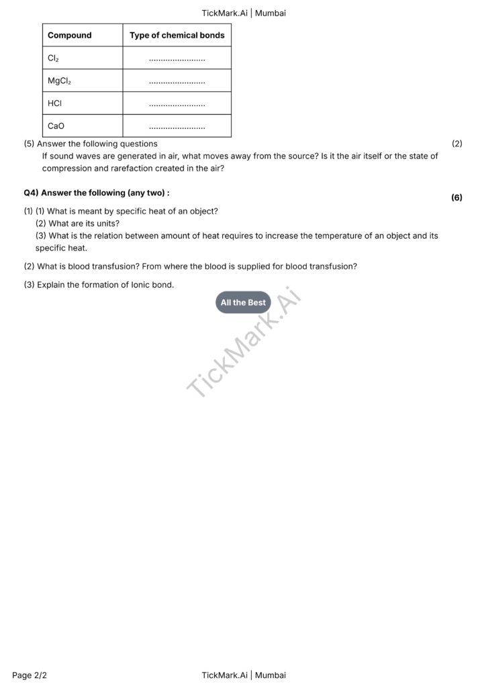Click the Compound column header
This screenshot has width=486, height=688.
(x=70, y=35)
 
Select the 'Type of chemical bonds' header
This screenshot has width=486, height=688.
(x=177, y=35)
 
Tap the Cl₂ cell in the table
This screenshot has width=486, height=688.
(x=54, y=58)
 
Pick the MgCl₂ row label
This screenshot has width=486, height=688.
(x=59, y=81)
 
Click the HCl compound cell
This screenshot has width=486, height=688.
(x=55, y=103)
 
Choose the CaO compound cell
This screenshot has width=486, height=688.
(x=56, y=126)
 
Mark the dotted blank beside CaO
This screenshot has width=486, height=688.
(x=177, y=126)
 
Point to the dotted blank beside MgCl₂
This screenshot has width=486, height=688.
(x=177, y=81)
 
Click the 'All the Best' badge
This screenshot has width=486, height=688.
(x=243, y=302)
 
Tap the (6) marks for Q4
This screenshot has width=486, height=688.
(x=456, y=198)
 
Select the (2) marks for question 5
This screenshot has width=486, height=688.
(x=456, y=144)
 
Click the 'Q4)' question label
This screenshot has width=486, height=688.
(x=31, y=193)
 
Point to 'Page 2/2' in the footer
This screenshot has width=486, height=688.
(x=30, y=675)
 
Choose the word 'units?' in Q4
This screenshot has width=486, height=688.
(x=107, y=224)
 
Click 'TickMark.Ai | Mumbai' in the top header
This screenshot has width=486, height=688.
(x=243, y=13)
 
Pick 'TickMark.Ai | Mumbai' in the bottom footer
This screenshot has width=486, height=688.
(x=243, y=675)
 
